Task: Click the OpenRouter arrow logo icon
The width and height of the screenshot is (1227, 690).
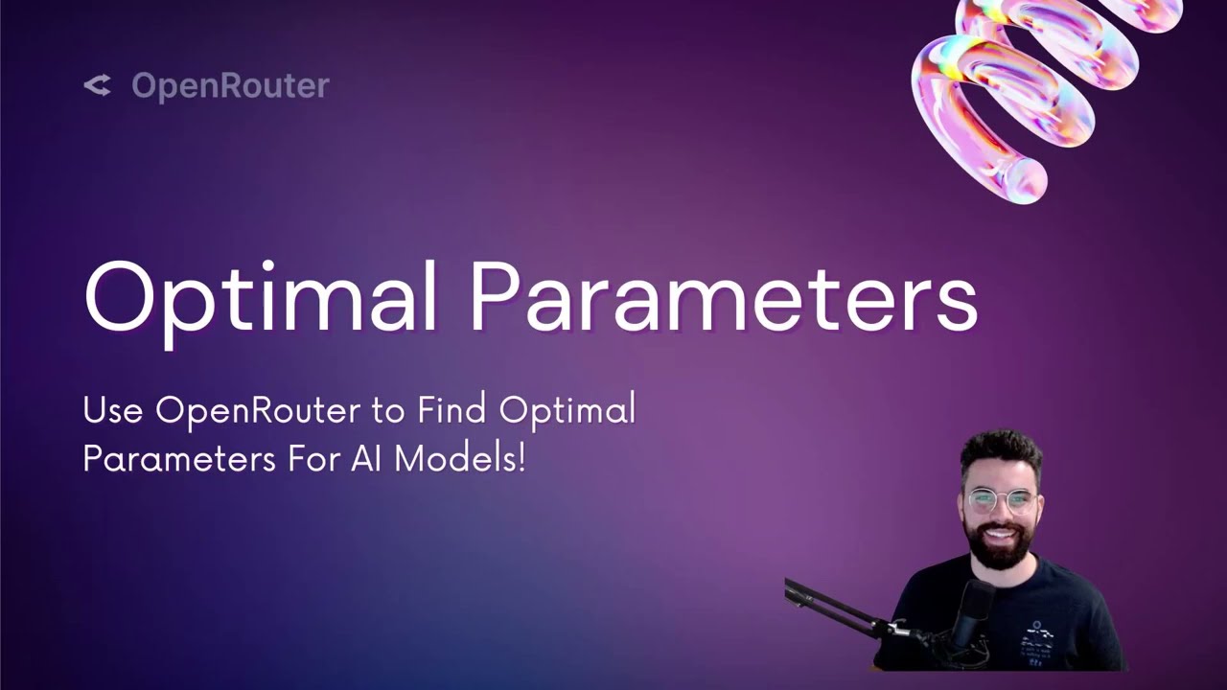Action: point(97,85)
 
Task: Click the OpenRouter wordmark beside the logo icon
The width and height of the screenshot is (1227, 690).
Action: point(230,85)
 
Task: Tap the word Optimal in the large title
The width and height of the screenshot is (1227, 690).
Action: point(261,297)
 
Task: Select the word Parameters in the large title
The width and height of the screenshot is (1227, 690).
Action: point(723,297)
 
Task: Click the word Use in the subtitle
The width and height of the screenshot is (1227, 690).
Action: point(112,411)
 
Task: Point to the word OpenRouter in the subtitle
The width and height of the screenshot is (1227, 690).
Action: point(258,411)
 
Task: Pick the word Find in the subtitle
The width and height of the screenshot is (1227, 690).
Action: point(452,411)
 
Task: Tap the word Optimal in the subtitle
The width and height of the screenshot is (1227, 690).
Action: point(567,411)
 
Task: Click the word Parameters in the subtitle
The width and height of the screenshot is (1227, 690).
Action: point(179,458)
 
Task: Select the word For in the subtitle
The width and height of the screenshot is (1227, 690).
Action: point(314,458)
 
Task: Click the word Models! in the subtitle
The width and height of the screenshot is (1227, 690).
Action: point(460,458)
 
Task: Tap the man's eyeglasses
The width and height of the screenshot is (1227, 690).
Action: point(1000,500)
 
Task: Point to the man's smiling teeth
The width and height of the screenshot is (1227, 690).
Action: point(1000,535)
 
